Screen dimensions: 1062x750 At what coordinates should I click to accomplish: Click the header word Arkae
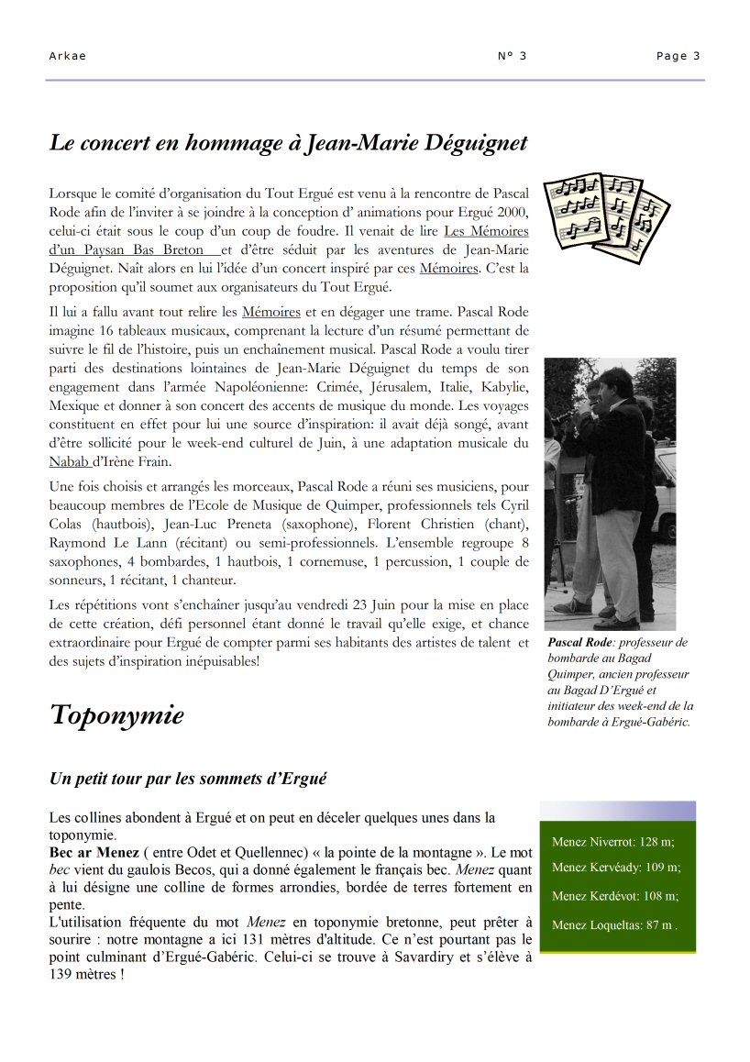(67, 56)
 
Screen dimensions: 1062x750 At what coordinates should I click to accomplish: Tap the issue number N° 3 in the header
(512, 56)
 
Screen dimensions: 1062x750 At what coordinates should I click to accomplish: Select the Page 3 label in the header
(678, 56)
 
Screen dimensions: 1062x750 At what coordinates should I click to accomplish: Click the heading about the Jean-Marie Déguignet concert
(288, 143)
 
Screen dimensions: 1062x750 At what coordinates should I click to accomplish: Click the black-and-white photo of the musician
(610, 493)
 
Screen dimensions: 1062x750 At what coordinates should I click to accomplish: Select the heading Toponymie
(116, 715)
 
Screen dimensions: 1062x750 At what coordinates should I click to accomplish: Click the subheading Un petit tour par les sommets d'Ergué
(188, 779)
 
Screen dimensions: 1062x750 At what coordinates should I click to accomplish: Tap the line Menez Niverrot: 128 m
(612, 841)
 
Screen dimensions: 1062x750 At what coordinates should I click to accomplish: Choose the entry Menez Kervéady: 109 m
(616, 867)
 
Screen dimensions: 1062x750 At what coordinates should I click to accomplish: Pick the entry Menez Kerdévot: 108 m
(615, 896)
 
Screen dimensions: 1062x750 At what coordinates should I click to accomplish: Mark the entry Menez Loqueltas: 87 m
(614, 925)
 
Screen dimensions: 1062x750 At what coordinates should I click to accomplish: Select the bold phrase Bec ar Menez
(94, 852)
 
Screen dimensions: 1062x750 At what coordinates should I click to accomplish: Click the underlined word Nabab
(69, 461)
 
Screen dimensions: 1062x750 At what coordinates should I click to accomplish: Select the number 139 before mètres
(64, 975)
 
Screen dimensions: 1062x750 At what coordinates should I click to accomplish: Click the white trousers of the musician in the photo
(614, 559)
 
